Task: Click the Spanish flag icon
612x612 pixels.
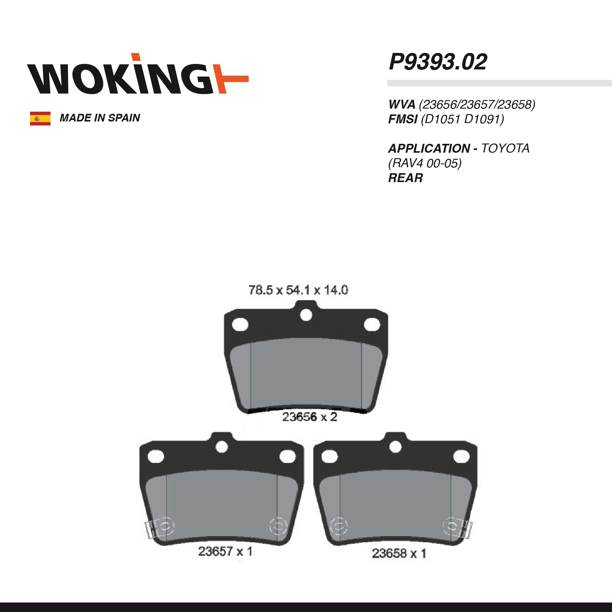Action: (40, 118)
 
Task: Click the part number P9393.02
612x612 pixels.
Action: (438, 62)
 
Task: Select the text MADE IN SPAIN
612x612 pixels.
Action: (100, 118)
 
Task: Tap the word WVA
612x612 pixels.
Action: (402, 104)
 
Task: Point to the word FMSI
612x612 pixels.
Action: (403, 119)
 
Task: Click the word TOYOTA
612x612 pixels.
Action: (505, 148)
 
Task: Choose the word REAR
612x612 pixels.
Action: (405, 178)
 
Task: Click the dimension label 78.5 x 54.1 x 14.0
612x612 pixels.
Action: (298, 290)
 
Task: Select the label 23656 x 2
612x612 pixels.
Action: (309, 417)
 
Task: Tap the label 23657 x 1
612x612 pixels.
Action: (225, 551)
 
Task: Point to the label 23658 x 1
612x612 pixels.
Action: (399, 553)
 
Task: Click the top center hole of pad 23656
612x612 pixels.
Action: (306, 315)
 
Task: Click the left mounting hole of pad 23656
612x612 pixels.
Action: (240, 325)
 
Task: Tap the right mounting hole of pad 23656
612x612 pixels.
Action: (372, 325)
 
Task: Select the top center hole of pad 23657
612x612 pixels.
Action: (222, 447)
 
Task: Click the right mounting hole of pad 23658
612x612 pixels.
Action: (461, 457)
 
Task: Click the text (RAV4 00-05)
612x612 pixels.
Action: (424, 163)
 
